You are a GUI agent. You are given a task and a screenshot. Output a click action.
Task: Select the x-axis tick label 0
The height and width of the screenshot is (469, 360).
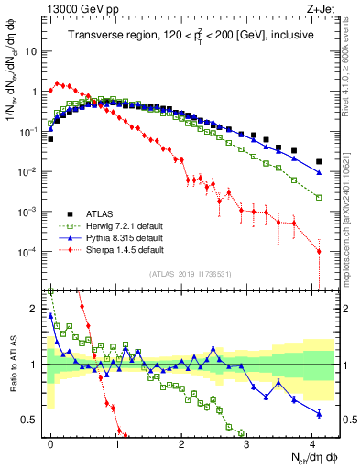point(51,442)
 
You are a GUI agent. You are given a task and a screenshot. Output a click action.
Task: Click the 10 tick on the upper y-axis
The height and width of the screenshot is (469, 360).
point(33,51)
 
